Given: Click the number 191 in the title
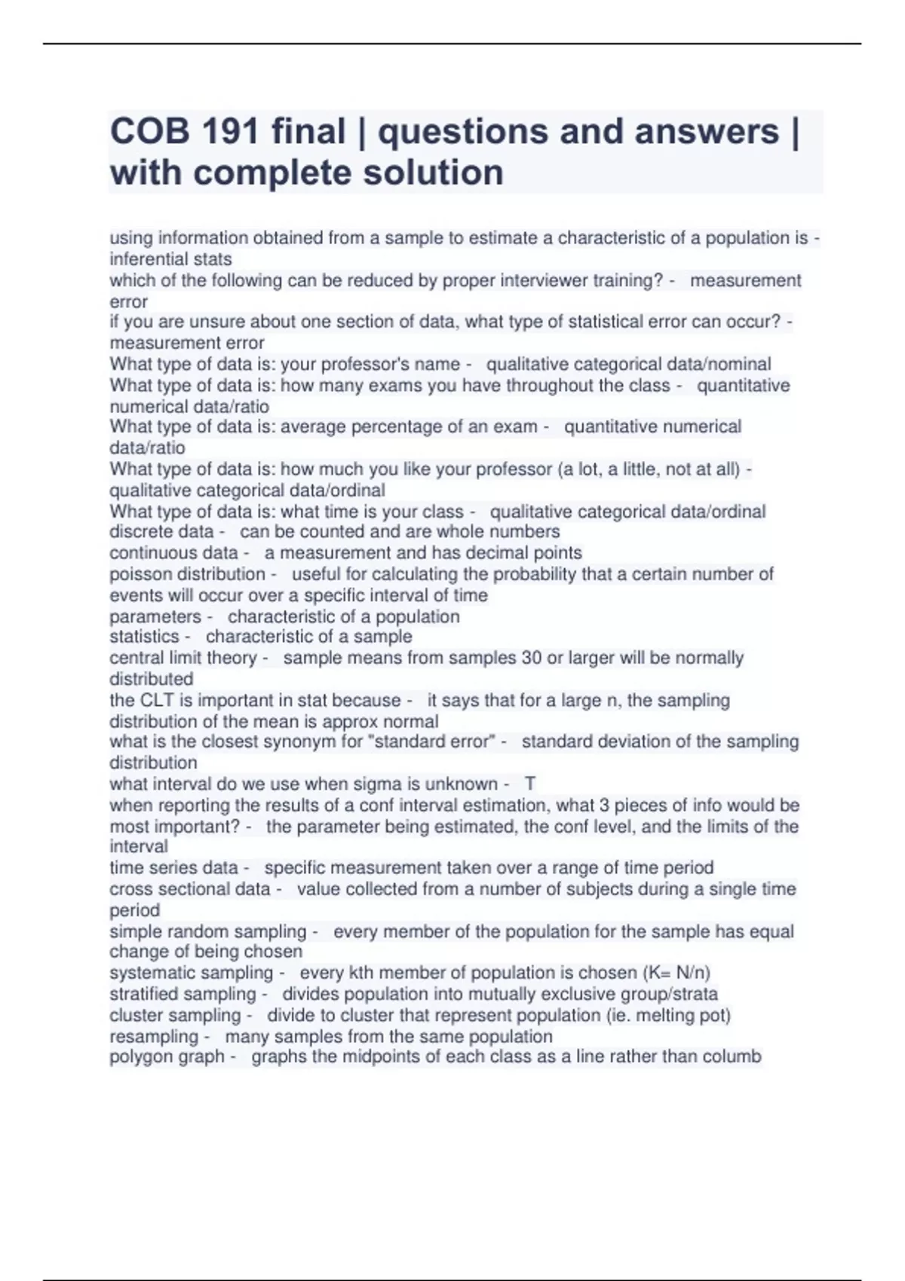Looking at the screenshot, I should point(228,132).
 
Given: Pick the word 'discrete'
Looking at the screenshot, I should point(140,531).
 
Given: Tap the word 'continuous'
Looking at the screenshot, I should point(152,552).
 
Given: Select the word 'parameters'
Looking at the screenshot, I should point(155,616).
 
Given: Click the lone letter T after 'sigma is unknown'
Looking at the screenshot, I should point(530,784).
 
